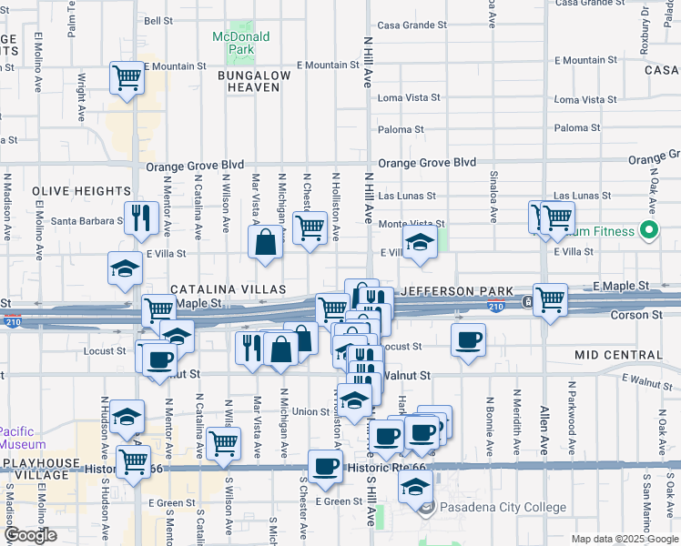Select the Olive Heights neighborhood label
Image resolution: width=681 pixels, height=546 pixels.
tap(81, 191)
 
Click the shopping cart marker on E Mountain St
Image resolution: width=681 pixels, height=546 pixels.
tap(127, 76)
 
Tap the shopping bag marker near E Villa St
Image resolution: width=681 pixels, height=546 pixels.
tap(265, 243)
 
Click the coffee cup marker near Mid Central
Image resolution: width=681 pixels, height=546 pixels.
tap(469, 340)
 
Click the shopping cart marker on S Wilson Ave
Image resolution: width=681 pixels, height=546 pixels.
tap(223, 443)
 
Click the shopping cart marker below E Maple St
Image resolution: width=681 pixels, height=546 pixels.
tap(551, 298)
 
